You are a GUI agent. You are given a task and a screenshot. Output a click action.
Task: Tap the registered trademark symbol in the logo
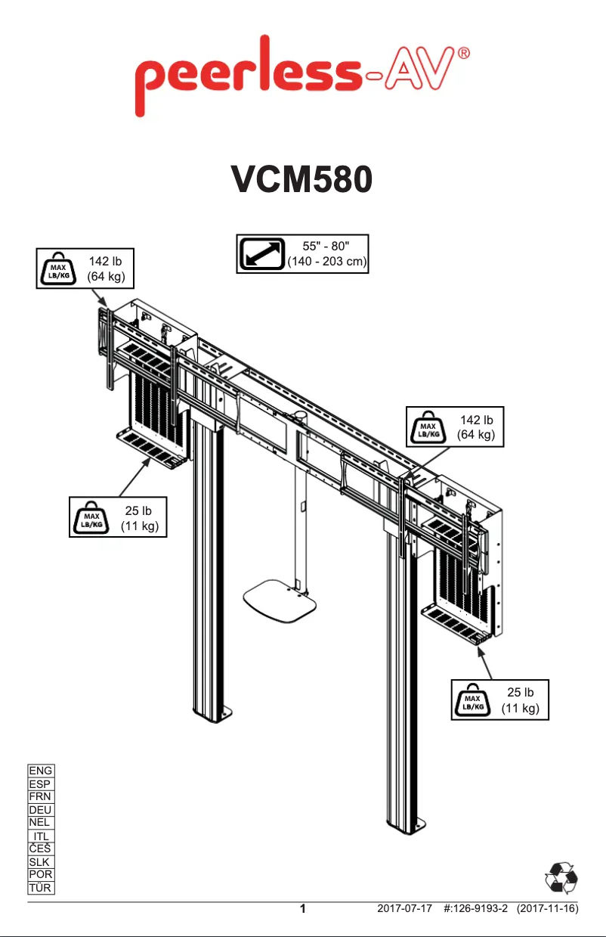pos(466,54)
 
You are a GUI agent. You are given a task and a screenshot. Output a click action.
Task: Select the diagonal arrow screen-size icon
pos(261,254)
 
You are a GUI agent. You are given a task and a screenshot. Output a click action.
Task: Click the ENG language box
pos(40,771)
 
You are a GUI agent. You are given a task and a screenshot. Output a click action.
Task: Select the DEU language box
pos(40,810)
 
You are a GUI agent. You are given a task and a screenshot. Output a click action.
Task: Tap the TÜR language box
pos(40,888)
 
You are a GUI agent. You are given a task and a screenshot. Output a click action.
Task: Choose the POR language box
pos(40,875)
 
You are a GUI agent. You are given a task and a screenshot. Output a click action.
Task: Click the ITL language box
pos(42,836)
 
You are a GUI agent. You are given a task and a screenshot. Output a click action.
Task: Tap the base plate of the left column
pos(212,714)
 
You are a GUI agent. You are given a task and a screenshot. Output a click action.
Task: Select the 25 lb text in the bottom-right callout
pos(520,692)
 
